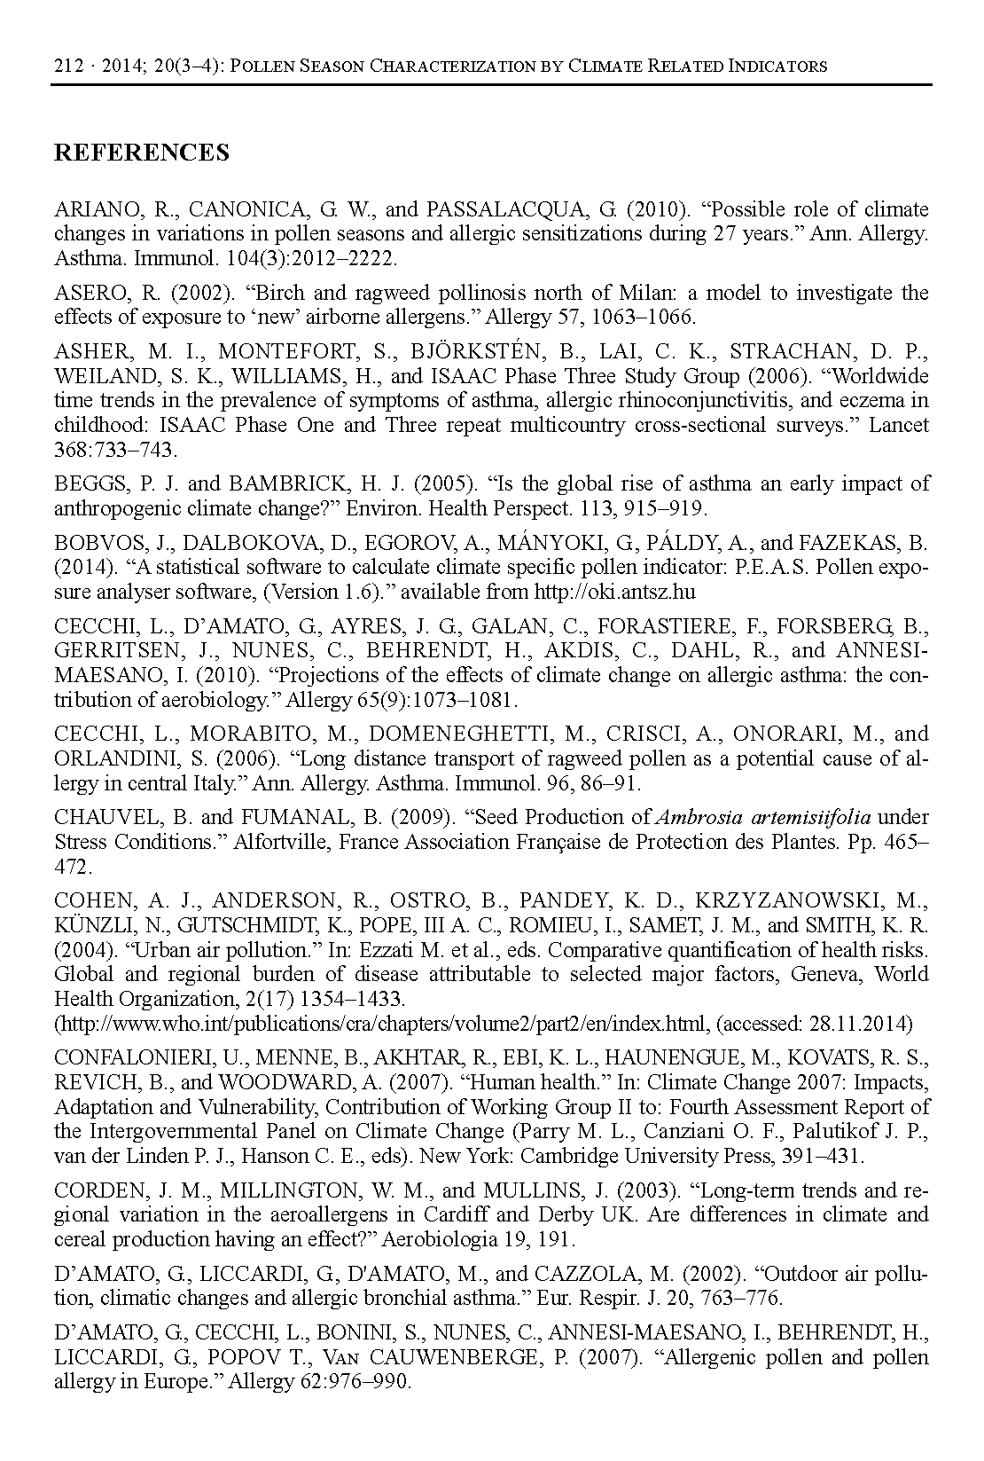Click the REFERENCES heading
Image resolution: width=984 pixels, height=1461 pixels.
point(142,153)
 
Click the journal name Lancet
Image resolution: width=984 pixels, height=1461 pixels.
point(898,425)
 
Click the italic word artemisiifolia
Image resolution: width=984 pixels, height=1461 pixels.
point(808,817)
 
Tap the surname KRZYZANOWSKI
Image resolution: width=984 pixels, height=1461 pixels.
point(810,900)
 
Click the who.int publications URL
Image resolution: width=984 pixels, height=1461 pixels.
point(382,1024)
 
